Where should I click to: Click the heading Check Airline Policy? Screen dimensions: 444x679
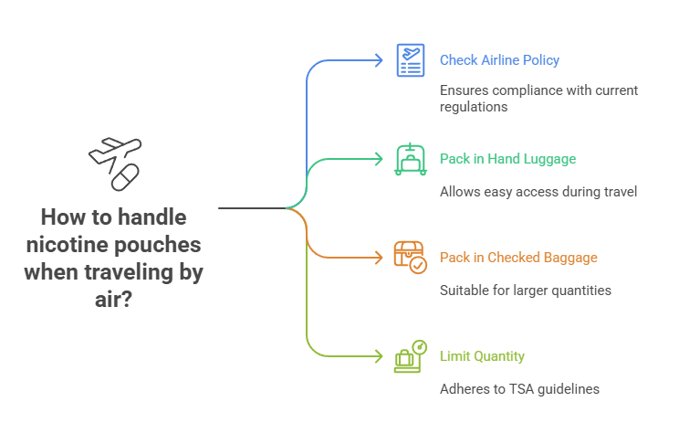pyautogui.click(x=499, y=60)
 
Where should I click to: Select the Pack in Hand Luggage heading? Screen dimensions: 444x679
pyautogui.click(x=507, y=159)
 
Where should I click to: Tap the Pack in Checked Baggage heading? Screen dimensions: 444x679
pyautogui.click(x=518, y=258)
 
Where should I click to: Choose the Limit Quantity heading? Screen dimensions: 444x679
pyautogui.click(x=482, y=356)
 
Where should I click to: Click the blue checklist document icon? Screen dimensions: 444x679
pyautogui.click(x=410, y=60)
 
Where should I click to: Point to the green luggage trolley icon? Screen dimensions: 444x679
pyautogui.click(x=410, y=159)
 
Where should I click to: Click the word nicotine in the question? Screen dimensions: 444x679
pyautogui.click(x=65, y=246)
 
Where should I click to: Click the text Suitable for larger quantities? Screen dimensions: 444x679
pyautogui.click(x=525, y=291)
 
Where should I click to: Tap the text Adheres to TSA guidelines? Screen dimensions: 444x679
pyautogui.click(x=519, y=389)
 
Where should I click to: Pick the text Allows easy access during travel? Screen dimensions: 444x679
pyautogui.click(x=537, y=192)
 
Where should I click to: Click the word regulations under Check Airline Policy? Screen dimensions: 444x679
pyautogui.click(x=473, y=107)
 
